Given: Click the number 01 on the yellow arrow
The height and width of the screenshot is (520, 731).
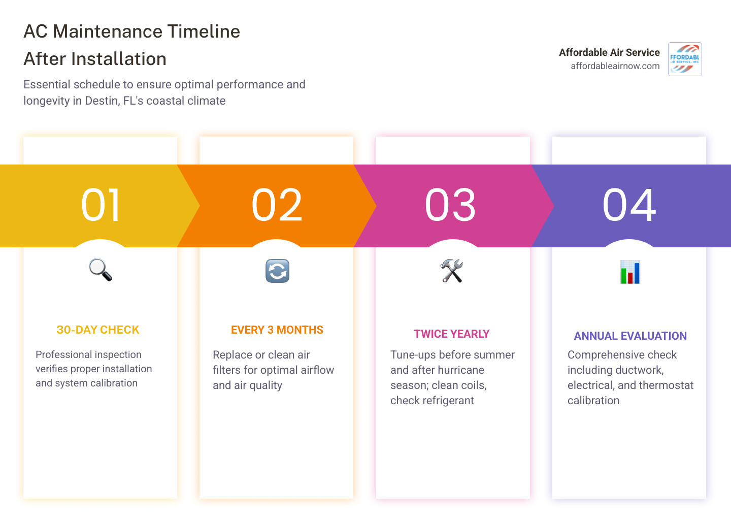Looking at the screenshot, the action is tap(101, 205).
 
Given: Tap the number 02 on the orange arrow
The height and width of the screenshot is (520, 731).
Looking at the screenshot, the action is tap(277, 205).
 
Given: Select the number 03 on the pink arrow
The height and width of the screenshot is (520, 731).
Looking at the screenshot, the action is tap(450, 205).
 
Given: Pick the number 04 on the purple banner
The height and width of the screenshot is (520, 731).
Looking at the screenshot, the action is tap(629, 205).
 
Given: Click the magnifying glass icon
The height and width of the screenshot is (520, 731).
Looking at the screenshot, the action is tap(101, 270).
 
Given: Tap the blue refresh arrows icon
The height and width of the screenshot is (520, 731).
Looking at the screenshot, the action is tap(277, 271).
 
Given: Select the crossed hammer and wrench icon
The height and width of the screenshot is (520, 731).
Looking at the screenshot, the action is tap(452, 271).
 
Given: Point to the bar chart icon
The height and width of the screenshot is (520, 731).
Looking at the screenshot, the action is tap(630, 272).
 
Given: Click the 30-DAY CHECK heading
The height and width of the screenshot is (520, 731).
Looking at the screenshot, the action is tap(98, 330).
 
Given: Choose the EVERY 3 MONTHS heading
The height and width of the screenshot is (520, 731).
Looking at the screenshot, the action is tap(277, 330).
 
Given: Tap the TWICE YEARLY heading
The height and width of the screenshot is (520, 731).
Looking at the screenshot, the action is tap(452, 334).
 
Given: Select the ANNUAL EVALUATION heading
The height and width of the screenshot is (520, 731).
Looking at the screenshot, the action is tap(630, 336).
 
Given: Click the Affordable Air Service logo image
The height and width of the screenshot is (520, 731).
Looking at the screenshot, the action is tap(685, 59).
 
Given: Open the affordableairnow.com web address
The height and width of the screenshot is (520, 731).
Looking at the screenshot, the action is tap(615, 66).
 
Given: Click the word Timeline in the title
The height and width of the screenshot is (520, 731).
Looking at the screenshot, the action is tap(204, 31).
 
